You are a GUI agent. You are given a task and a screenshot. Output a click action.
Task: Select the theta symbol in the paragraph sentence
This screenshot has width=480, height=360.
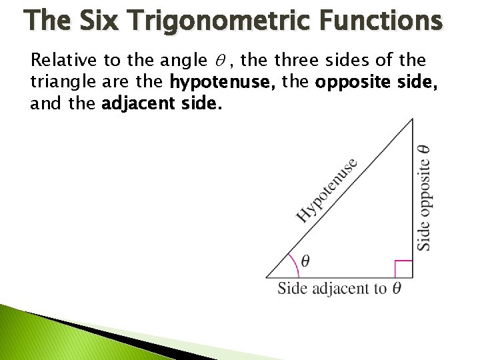tap(222, 61)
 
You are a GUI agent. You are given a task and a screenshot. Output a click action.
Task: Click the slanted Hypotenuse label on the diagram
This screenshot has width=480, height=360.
tap(327, 189)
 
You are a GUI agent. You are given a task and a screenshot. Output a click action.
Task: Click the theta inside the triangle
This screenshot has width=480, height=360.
tap(305, 261)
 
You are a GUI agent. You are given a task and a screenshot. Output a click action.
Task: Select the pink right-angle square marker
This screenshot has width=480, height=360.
tap(404, 269)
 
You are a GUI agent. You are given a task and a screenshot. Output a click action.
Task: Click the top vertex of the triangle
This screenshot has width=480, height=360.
tap(413, 119)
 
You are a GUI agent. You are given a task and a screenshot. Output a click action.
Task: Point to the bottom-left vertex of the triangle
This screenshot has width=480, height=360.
tap(267, 277)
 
